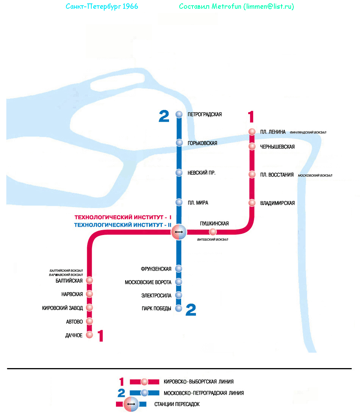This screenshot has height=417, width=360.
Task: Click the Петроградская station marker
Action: click(x=179, y=114)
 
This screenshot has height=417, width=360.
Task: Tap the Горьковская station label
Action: click(x=202, y=143)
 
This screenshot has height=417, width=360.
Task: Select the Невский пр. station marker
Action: click(x=179, y=173)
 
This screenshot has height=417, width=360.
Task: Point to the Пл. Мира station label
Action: click(x=197, y=203)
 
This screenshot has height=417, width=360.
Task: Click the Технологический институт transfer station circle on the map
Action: click(x=179, y=232)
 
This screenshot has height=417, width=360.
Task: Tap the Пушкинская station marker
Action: click(x=213, y=232)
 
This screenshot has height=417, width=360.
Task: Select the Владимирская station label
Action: click(x=277, y=203)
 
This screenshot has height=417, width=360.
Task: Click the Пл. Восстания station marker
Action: click(x=252, y=174)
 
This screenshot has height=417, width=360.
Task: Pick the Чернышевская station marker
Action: click(x=252, y=146)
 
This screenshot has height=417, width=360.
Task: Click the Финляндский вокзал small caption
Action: click(x=308, y=133)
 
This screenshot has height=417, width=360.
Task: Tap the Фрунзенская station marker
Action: click(x=179, y=269)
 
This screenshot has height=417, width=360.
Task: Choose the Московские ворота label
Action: click(x=148, y=282)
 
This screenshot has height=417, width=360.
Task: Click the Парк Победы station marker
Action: click(x=179, y=309)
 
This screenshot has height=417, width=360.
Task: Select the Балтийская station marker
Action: click(x=89, y=281)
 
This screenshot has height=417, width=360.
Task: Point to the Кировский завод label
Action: click(x=63, y=308)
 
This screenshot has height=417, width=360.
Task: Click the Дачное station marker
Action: click(x=89, y=335)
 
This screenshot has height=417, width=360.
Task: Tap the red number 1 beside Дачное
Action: click(x=100, y=336)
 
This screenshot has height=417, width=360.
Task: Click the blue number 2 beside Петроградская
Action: click(x=164, y=116)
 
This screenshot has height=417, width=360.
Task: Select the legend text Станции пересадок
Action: click(x=177, y=404)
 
